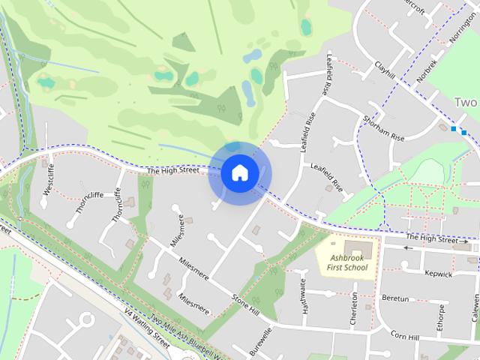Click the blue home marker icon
tap(240, 173)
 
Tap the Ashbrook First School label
tap(346, 262)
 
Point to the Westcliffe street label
tap(49, 179)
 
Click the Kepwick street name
tap(438, 274)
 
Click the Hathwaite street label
tap(304, 301)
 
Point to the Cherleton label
tap(355, 307)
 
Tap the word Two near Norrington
tap(465, 102)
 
